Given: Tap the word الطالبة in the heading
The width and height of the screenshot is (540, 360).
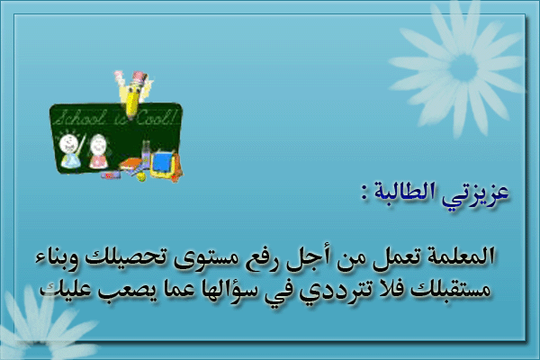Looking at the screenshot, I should [x=415, y=192].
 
